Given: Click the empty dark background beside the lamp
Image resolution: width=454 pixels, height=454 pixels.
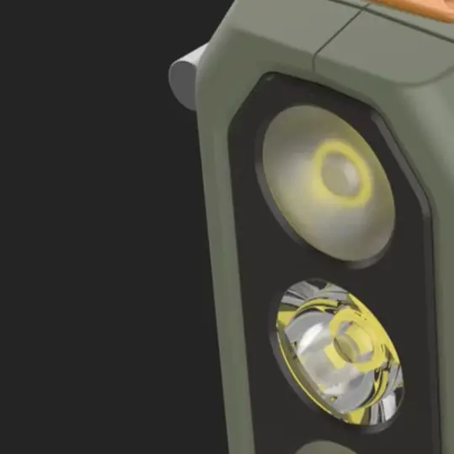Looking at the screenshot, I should click(84, 253).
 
